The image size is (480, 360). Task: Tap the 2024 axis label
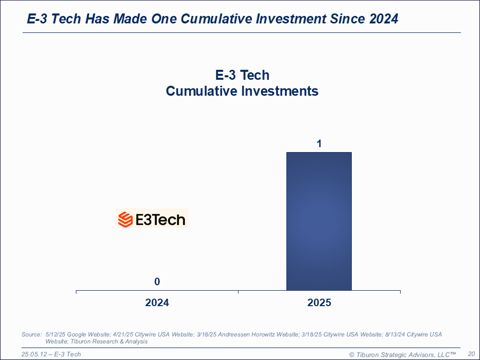[x=157, y=303]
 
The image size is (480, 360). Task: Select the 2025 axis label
[x=319, y=303]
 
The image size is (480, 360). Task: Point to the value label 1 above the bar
[x=319, y=144]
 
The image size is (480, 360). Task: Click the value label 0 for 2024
[x=157, y=282]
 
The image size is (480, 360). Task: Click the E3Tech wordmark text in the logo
[x=160, y=219]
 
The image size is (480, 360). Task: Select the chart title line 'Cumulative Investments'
[x=242, y=91]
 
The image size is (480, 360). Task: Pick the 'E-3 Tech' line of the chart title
[x=242, y=75]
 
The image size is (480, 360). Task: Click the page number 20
[x=471, y=354]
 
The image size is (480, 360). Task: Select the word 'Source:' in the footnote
[x=31, y=334]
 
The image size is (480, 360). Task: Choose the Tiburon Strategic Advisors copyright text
[x=402, y=354]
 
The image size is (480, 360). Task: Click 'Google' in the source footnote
[x=75, y=334]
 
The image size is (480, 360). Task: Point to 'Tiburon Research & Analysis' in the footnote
[x=115, y=342]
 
